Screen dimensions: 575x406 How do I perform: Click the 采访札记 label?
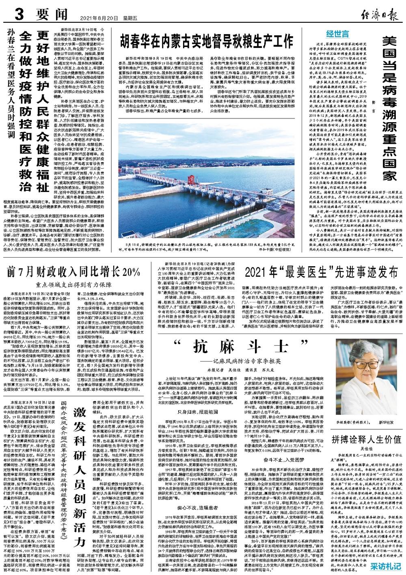pos(385,565)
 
